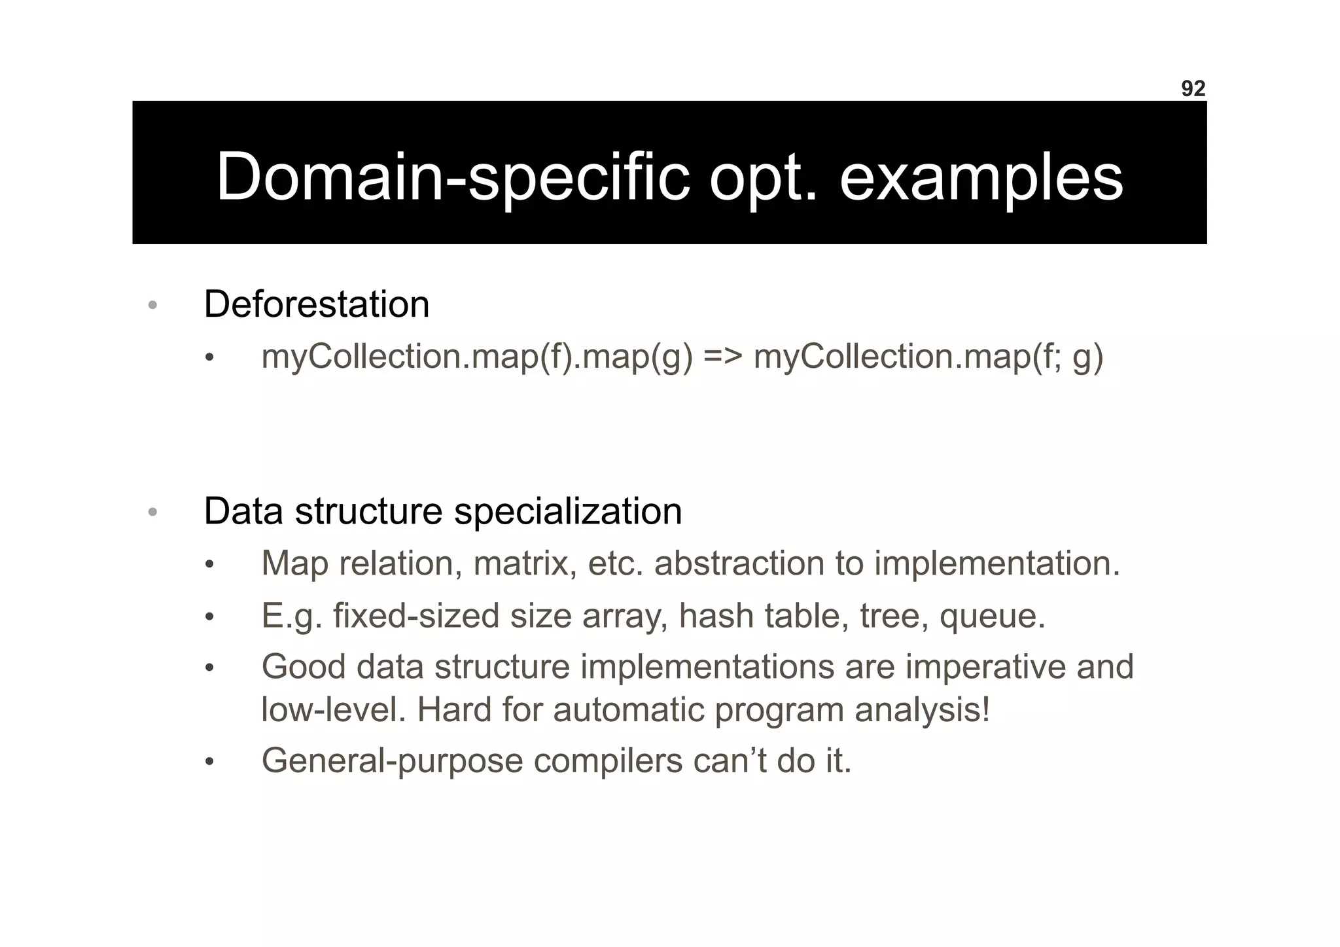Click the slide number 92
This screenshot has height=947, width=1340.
coord(1193,89)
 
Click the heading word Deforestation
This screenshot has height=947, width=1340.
coord(317,304)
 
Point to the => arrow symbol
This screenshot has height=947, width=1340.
coord(723,357)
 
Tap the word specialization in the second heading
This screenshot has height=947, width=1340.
coord(568,511)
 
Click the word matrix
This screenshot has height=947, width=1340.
coord(525,563)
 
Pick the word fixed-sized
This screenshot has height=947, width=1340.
coord(416,616)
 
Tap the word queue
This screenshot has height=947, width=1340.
coord(992,616)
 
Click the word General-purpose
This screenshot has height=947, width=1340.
coord(393,761)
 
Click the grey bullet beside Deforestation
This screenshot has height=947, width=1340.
coord(152,305)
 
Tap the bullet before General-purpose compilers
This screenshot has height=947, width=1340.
coord(209,762)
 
